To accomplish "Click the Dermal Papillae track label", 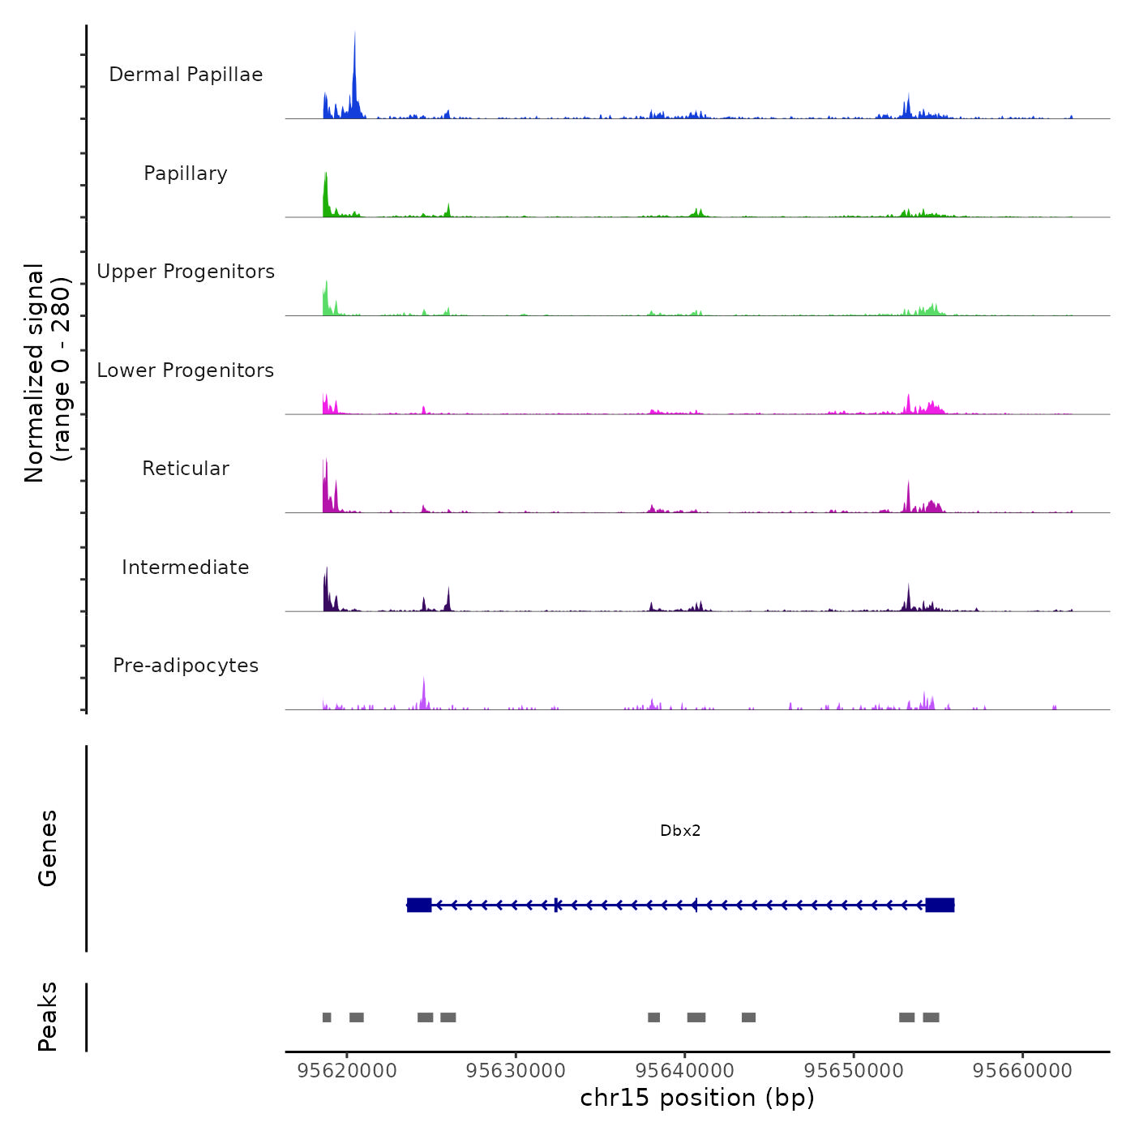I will pyautogui.click(x=186, y=75).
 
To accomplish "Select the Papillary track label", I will pyautogui.click(x=186, y=173).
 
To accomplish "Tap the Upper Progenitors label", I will pyautogui.click(x=186, y=272).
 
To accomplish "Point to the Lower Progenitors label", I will pyautogui.click(x=186, y=370).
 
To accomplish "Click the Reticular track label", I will pyautogui.click(x=186, y=469).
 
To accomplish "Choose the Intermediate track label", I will pyautogui.click(x=186, y=567).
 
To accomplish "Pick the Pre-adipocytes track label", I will pyautogui.click(x=186, y=666).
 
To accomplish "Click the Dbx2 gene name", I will pyautogui.click(x=680, y=831).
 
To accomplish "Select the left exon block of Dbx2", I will pyautogui.click(x=419, y=905).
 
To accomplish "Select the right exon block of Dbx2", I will pyautogui.click(x=940, y=905).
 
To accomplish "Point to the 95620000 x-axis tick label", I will pyautogui.click(x=347, y=1071).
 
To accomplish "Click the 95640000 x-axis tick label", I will pyautogui.click(x=685, y=1071).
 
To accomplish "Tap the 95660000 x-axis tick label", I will pyautogui.click(x=1022, y=1071).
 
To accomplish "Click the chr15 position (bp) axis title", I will pyautogui.click(x=697, y=1098).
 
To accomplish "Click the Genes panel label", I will pyautogui.click(x=48, y=848).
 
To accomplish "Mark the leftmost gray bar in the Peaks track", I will pyautogui.click(x=327, y=1017).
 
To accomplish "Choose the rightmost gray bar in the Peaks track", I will pyautogui.click(x=931, y=1017).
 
